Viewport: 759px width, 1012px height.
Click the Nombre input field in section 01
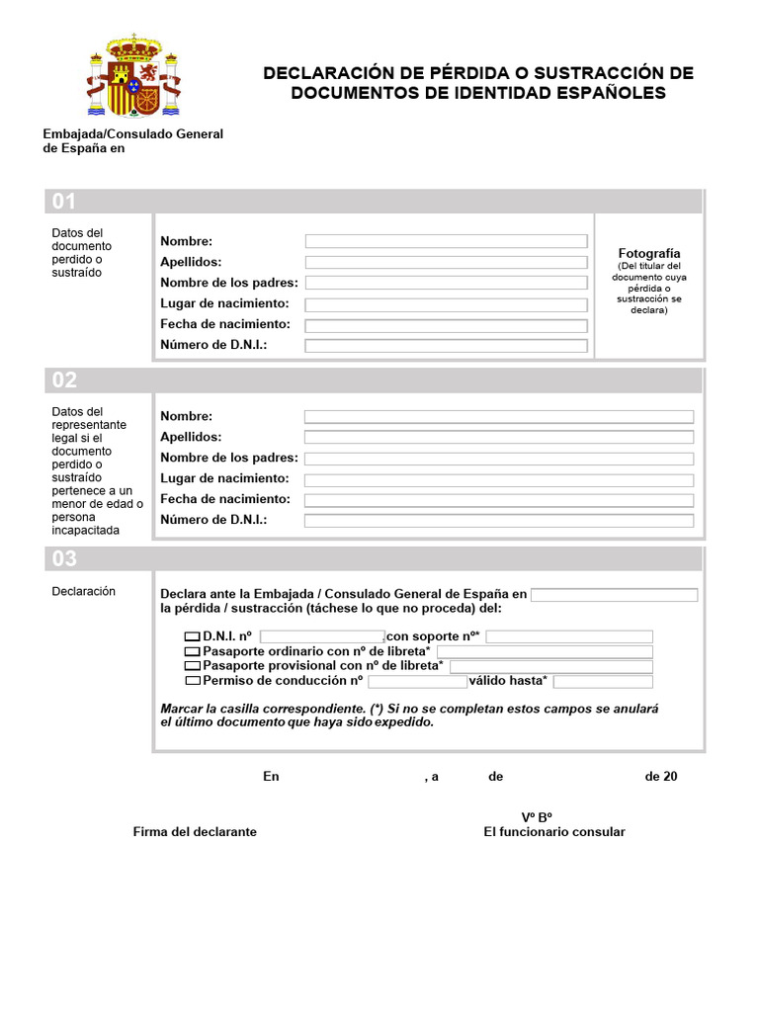coord(446,241)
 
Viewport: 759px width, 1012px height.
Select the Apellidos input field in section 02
coord(499,437)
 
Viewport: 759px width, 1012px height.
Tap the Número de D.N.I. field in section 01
coord(446,346)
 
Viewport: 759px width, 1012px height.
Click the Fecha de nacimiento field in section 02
coord(499,500)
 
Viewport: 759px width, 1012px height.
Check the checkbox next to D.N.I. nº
coord(193,637)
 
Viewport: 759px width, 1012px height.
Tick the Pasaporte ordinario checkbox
coord(193,652)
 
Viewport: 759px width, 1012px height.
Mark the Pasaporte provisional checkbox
coord(193,667)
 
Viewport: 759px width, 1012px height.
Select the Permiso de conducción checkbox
coord(193,682)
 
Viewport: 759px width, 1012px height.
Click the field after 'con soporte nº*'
coord(569,637)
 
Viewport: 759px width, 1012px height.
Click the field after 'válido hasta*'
coord(603,682)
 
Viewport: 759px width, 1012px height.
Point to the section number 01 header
coord(64,202)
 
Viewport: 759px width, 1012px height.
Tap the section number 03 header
coord(64,558)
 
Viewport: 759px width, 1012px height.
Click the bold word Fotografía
coord(649,254)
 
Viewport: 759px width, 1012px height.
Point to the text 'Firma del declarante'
coord(195,832)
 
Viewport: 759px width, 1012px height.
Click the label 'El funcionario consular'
coord(554,832)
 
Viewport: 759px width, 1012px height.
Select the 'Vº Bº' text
coord(537,817)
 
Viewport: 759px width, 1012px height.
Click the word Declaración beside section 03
coord(84,592)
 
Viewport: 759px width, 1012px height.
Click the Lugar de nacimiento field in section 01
coord(446,304)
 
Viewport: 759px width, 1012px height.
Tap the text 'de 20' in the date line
coord(661,777)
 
